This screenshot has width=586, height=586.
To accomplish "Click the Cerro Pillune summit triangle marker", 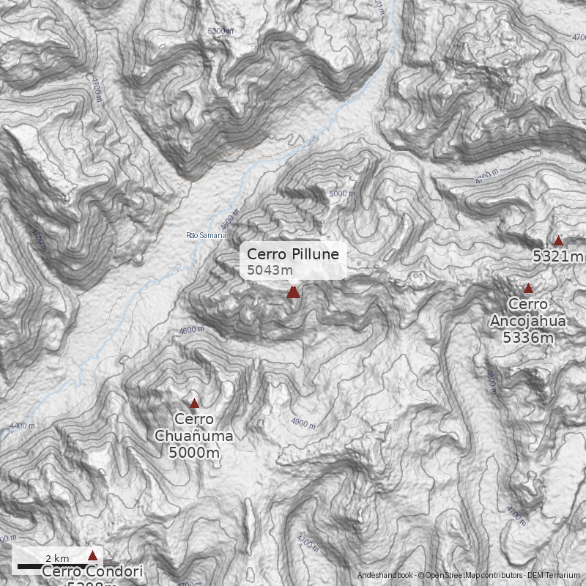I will pos(293,292).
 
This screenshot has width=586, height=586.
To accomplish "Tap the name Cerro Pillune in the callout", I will pos(292,254).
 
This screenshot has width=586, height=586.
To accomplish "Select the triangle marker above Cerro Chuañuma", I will pos(194,404).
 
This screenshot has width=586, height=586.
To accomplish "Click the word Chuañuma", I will pos(194,437).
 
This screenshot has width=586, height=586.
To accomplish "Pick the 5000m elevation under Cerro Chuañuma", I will pos(194,453).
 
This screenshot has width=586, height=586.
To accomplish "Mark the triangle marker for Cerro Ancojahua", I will pos(528,289).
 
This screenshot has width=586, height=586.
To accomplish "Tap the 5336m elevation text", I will pos(527,337).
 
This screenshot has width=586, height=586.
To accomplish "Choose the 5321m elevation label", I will pos(558,256).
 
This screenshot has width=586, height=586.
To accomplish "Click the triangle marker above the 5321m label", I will pos(558,241).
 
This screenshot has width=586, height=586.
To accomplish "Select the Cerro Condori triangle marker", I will pos(92,555).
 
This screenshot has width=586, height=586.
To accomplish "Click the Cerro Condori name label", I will pos(92,572).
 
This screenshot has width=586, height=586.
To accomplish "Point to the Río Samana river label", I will pos(207,235).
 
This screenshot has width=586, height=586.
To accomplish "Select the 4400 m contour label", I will pos(23,426).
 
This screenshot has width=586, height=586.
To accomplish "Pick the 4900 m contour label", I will pos(304,423).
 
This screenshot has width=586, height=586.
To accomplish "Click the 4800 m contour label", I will pos(492,382).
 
